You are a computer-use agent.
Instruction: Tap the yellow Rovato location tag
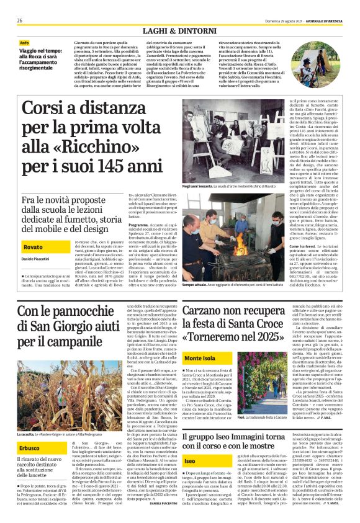coord(34,247)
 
